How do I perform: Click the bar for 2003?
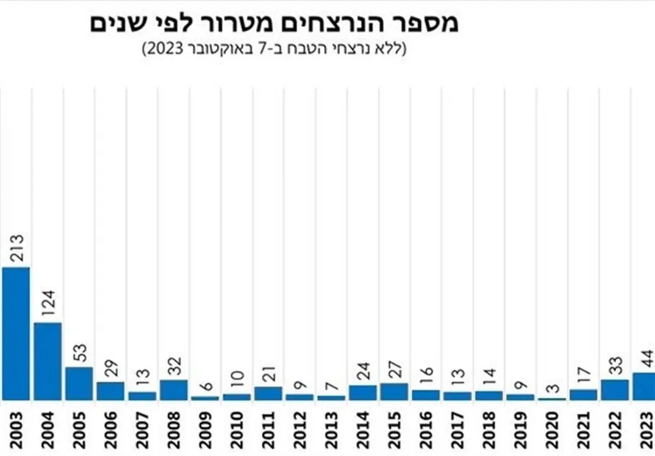pos(16,334)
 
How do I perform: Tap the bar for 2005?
pos(79,384)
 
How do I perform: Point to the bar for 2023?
pos(643,387)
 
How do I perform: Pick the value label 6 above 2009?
pos(206,387)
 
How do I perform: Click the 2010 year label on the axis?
pos(237,431)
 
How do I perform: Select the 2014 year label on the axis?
pos(363,431)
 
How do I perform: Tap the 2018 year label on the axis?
pos(489,431)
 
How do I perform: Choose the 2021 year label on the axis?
pos(583,431)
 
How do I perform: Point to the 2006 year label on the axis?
pos(111,431)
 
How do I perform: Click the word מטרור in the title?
pos(233,24)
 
